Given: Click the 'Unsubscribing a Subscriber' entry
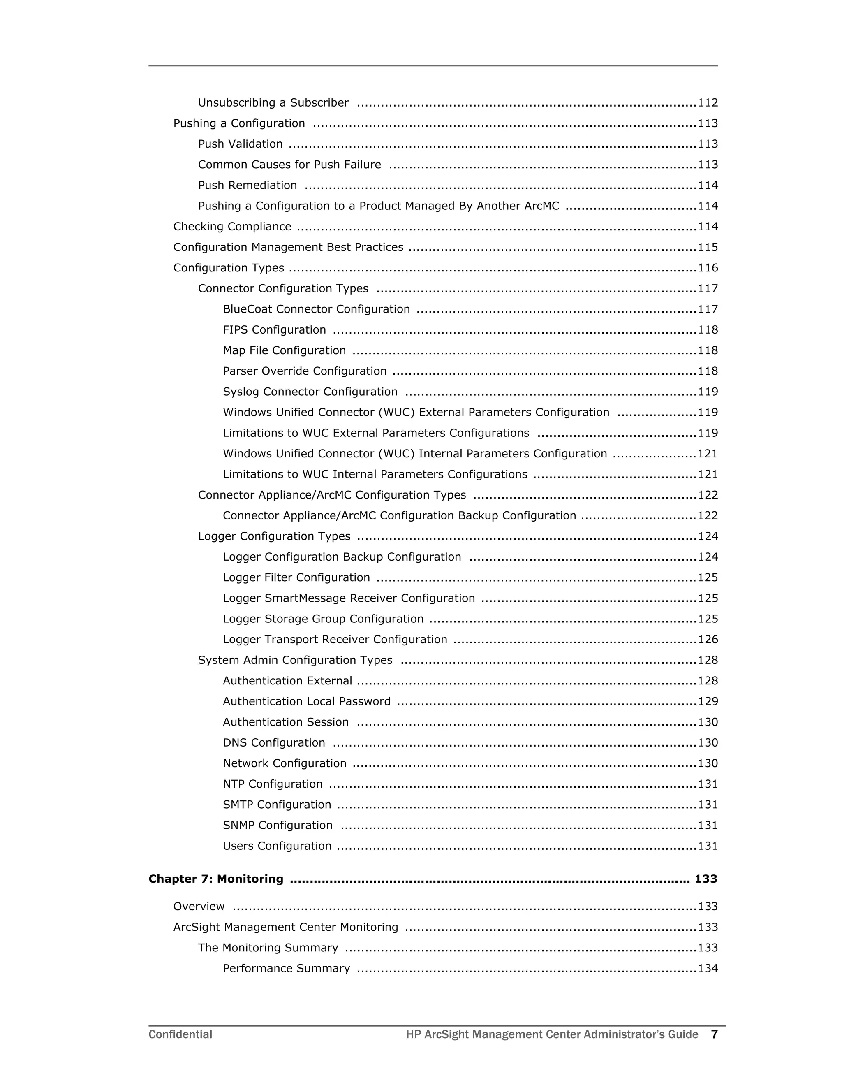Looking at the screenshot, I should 273,103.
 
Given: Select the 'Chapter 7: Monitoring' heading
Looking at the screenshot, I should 215,879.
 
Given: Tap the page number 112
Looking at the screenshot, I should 707,103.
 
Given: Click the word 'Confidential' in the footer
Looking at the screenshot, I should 180,1034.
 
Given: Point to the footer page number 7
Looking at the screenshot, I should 714,1034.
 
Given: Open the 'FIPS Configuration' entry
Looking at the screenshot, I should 274,330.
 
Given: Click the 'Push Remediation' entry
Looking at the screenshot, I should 248,185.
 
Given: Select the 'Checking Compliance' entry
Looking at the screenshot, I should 232,227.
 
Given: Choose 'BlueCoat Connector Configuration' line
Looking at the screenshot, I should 316,309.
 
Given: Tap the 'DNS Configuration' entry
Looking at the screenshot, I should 273,742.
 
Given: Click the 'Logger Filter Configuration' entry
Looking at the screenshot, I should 296,577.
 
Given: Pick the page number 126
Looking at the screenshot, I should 707,639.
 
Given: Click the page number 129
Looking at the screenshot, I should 707,701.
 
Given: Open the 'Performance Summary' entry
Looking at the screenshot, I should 286,968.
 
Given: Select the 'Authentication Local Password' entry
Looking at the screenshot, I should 306,701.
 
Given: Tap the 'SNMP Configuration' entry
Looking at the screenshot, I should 278,826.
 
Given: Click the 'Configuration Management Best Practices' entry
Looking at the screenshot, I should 288,248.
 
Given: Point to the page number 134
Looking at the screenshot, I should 707,968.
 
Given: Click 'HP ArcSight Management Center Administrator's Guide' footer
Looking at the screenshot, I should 552,1034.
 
